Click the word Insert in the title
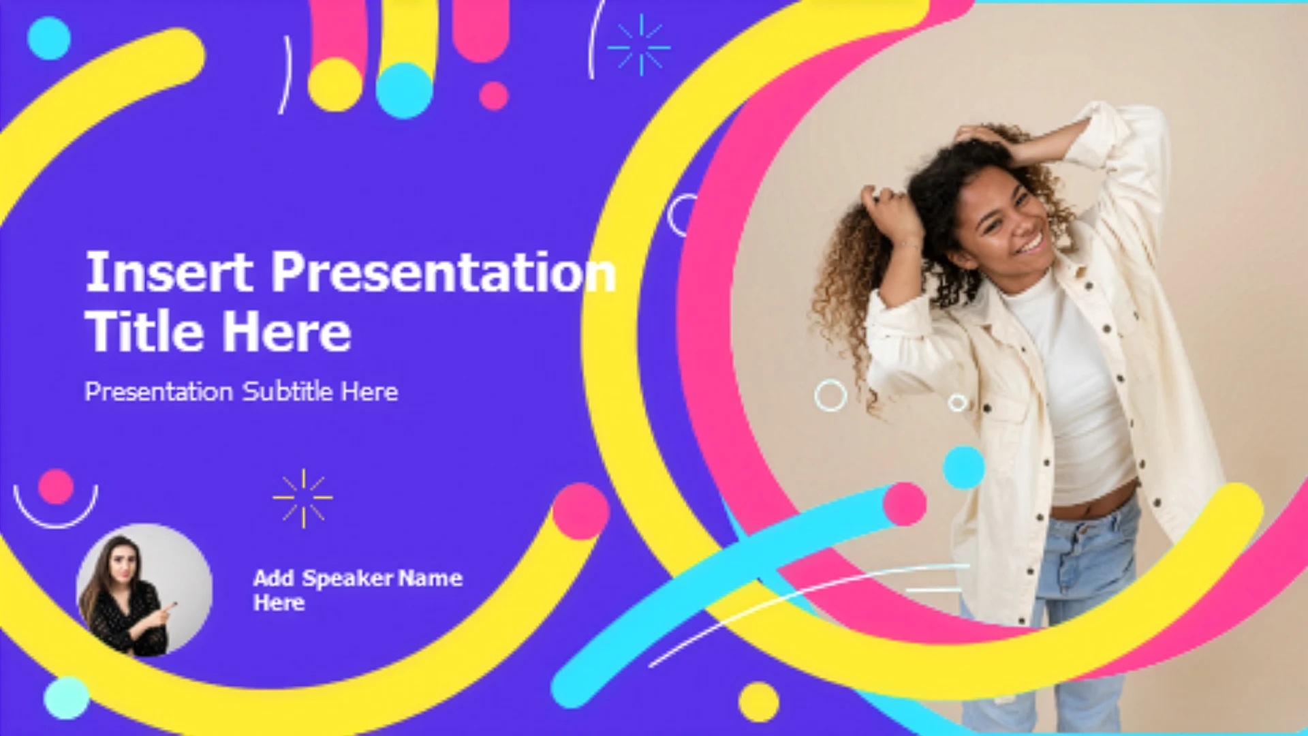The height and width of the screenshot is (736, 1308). (x=169, y=272)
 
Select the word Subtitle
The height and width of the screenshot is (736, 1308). (x=287, y=392)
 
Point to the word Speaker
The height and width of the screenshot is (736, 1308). (x=347, y=579)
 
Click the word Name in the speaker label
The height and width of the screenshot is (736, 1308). (x=431, y=578)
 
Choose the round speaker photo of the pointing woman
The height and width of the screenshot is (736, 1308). (x=144, y=590)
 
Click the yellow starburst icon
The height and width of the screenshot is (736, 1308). (x=303, y=498)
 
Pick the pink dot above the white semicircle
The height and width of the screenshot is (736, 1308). (x=56, y=487)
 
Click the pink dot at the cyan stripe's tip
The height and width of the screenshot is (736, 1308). (x=905, y=504)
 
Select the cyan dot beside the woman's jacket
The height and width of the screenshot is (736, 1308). (x=963, y=467)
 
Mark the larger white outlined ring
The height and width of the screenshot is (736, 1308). (x=830, y=395)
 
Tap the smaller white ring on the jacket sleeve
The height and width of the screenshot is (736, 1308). (x=958, y=403)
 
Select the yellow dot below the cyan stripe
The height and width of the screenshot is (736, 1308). (x=758, y=702)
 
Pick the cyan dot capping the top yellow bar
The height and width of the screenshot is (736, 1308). (x=404, y=91)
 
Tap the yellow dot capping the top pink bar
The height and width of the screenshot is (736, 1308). (x=335, y=85)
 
